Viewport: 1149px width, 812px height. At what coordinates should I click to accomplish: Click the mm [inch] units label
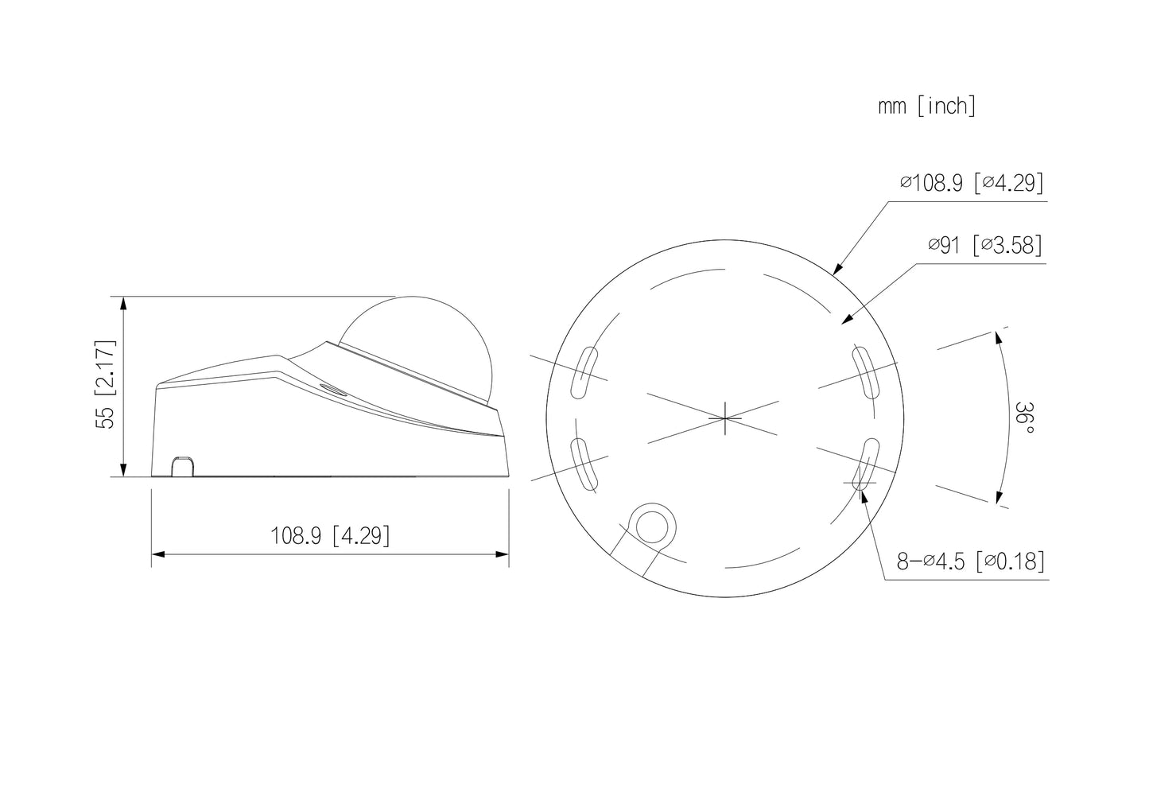pos(926,107)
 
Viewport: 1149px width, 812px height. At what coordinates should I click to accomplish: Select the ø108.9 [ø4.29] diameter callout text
pos(972,184)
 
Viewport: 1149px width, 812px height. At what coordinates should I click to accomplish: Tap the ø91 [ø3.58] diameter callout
pos(984,246)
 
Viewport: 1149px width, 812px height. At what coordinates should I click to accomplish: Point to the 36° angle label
pos(1025,419)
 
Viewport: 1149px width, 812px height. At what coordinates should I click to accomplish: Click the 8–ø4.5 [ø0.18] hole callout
pos(970,561)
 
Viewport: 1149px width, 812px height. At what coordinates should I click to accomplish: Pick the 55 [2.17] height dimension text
pos(106,385)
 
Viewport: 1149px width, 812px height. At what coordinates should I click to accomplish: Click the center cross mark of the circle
pos(725,418)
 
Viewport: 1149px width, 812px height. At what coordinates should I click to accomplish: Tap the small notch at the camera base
pos(184,467)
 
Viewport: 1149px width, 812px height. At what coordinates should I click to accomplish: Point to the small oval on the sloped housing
pos(330,389)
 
